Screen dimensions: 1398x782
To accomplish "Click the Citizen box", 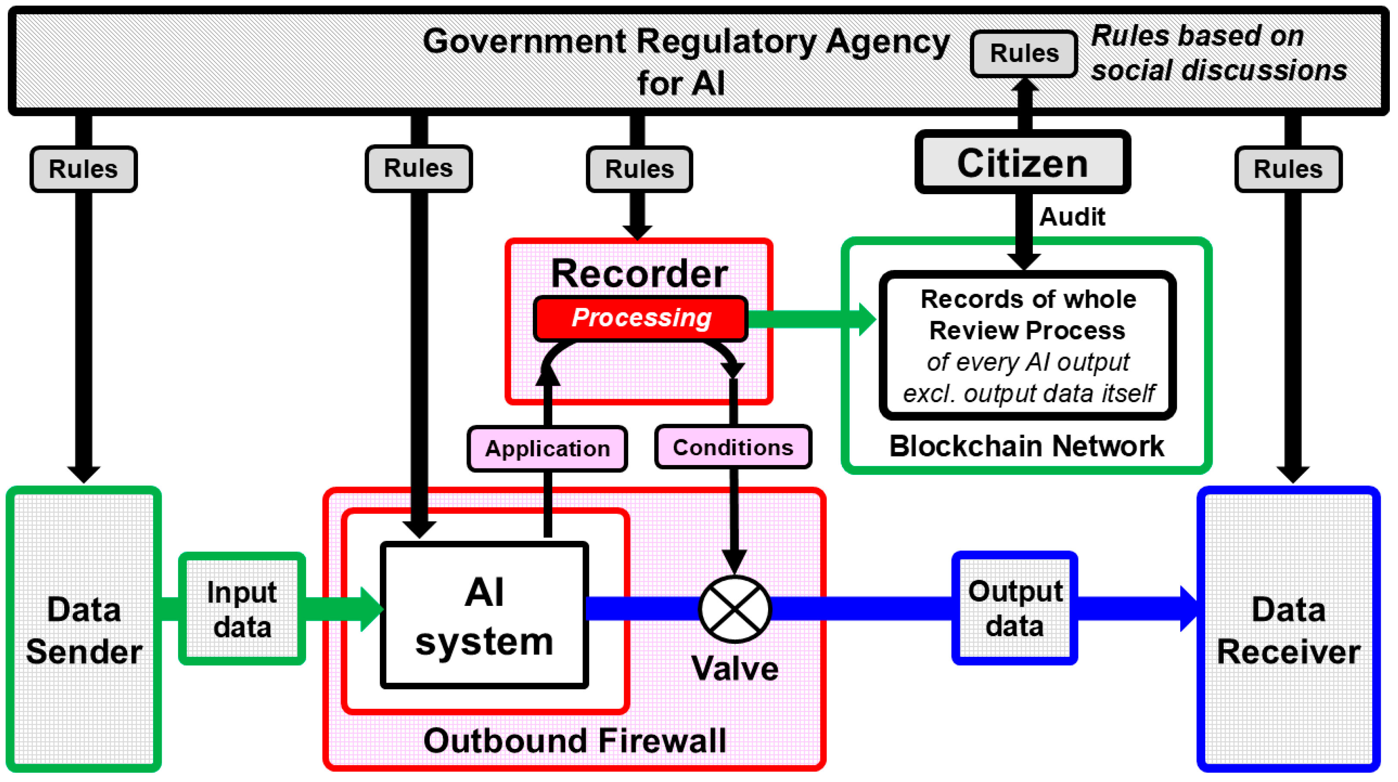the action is [x=1023, y=161].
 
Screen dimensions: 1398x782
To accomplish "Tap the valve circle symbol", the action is [x=735, y=609].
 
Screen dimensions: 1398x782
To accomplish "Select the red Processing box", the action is [x=641, y=318].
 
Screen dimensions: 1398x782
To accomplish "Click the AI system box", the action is [x=484, y=615].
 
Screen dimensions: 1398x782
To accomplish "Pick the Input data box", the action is [x=242, y=608].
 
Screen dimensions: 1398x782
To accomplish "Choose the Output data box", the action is [x=1015, y=608].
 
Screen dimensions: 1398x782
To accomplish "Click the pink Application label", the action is [x=547, y=448].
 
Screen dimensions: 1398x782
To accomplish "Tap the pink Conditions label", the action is [x=733, y=447].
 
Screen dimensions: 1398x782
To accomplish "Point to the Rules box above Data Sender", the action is [x=84, y=169].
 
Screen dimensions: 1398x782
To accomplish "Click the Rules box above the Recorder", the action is [x=639, y=169].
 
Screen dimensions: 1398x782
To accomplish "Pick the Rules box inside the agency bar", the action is [x=1024, y=53].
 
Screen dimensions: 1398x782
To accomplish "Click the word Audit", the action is [x=1072, y=217].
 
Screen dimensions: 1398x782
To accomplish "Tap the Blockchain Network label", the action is [x=1026, y=446].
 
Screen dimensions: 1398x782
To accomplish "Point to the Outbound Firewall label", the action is [x=575, y=741].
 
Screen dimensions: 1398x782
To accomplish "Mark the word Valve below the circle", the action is [x=735, y=668].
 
